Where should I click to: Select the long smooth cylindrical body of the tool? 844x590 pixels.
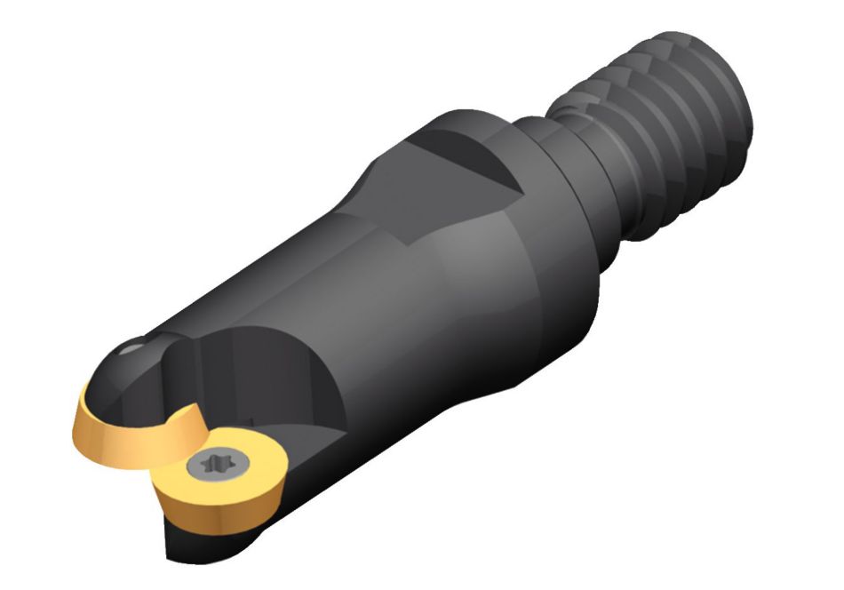[x=373, y=293]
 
